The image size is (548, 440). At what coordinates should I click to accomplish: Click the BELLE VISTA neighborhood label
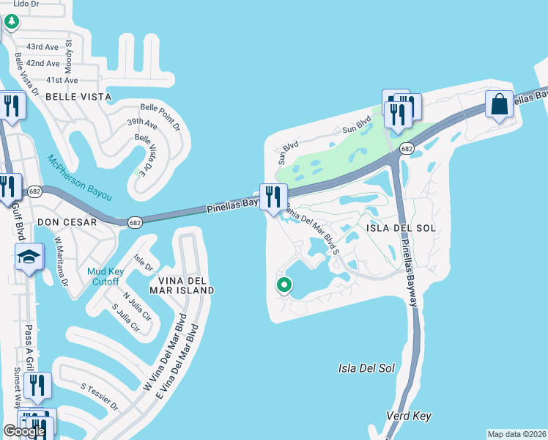pos(78,97)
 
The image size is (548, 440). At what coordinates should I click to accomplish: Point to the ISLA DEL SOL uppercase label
pos(401,228)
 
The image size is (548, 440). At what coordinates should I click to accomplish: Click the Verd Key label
pos(408,417)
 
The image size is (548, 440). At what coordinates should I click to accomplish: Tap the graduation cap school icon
pos(29,257)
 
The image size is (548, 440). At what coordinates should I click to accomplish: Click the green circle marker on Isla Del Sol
pos(284,285)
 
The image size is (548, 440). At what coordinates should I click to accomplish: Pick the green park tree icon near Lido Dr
pos(11,22)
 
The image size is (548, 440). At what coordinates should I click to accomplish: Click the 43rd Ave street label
pos(42,47)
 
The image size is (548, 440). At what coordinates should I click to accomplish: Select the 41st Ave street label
pos(42,80)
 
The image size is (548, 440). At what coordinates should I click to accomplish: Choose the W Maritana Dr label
pos(61,261)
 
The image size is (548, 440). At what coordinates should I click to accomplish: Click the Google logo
pos(24,431)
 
